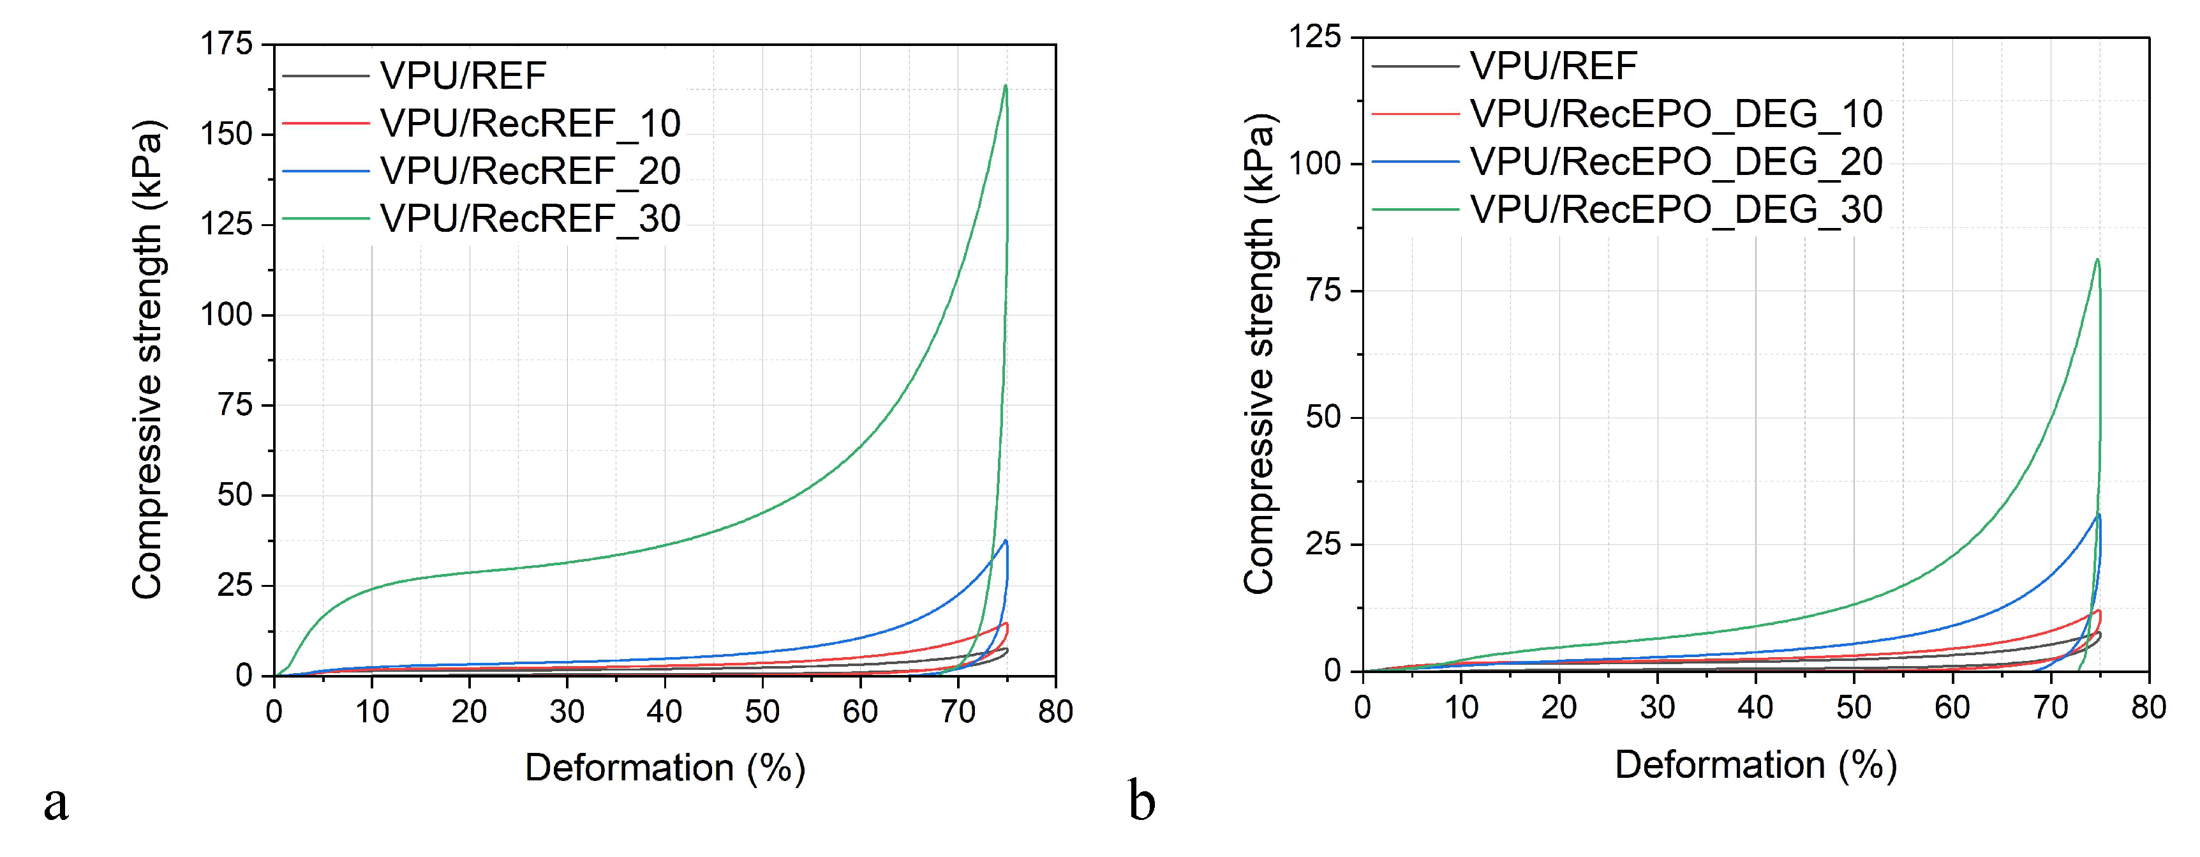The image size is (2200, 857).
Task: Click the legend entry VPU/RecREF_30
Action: [x=530, y=219]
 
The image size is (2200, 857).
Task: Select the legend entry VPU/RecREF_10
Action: [x=530, y=124]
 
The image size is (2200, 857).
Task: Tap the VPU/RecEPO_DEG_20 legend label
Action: [x=1676, y=162]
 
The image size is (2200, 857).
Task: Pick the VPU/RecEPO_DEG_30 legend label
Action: [x=1676, y=209]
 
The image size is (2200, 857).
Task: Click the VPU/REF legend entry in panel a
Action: [x=463, y=76]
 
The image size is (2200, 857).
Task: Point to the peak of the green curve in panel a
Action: [x=1005, y=86]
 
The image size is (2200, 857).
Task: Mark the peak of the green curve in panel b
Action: [x=2097, y=260]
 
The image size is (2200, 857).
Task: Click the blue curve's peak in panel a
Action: [x=1006, y=540]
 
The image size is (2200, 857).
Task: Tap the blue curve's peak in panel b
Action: [x=2099, y=513]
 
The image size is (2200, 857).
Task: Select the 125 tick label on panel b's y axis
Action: [x=1314, y=37]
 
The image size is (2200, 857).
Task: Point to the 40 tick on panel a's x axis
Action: [x=664, y=711]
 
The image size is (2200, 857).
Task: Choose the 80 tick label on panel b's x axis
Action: [x=2148, y=707]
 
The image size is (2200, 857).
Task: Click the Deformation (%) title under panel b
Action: [x=1755, y=763]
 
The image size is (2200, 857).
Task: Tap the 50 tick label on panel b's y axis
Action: [x=1324, y=417]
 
